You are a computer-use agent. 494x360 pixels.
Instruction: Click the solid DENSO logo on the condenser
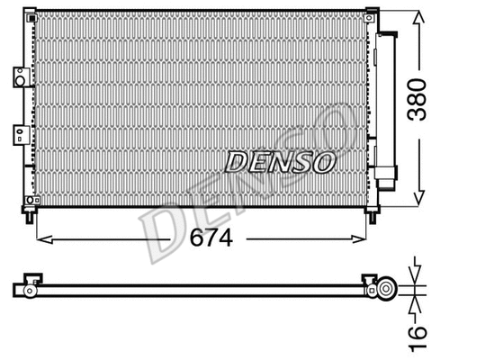coord(279,162)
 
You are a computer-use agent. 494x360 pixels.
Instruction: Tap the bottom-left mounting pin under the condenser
coord(33,215)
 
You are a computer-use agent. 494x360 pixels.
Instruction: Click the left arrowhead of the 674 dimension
coord(41,238)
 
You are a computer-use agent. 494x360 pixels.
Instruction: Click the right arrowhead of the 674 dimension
coord(362,238)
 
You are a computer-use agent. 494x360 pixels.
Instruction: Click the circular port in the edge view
coord(388,289)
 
